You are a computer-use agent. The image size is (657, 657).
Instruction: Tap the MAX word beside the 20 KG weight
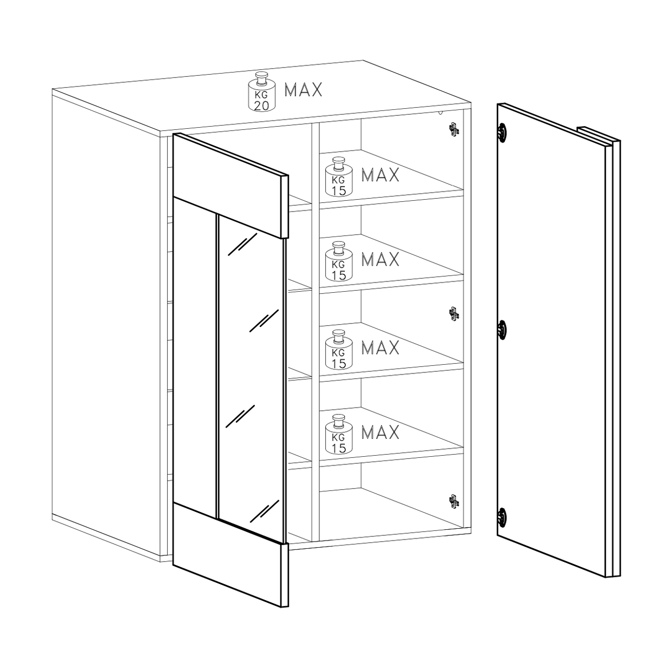tap(303, 90)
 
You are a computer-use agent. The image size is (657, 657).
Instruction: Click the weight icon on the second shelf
tap(339, 261)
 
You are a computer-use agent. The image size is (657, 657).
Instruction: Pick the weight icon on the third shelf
tap(339, 350)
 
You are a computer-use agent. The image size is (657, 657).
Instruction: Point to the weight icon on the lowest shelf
tap(339, 434)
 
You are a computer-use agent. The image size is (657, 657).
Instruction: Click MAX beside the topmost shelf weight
tap(380, 175)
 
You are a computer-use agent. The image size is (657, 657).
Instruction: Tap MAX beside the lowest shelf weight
tap(380, 432)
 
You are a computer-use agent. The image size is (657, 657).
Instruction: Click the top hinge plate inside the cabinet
tap(454, 129)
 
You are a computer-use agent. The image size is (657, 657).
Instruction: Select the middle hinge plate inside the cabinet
tap(454, 314)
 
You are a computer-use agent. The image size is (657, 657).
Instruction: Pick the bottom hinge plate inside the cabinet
tap(454, 501)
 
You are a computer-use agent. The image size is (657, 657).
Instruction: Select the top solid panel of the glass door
tap(231, 186)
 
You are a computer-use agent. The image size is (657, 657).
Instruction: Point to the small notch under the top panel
tap(441, 112)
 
